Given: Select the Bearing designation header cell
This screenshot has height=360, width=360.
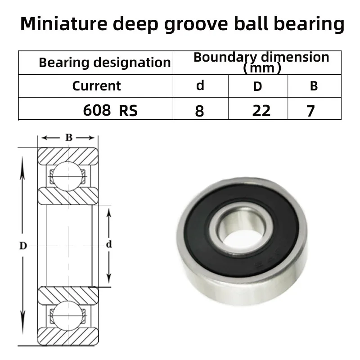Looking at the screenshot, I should (x=104, y=62).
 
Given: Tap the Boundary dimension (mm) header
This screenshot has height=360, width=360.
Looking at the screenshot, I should (x=261, y=62).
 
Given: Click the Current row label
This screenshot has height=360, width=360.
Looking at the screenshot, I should (x=96, y=85).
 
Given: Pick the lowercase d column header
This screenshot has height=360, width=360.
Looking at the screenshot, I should (x=200, y=85).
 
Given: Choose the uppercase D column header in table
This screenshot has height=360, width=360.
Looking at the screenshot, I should (x=257, y=86).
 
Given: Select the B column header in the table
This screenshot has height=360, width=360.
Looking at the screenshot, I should (x=314, y=86).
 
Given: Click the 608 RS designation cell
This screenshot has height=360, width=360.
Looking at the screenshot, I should (x=110, y=110).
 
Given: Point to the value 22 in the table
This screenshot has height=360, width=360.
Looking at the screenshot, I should (x=261, y=110).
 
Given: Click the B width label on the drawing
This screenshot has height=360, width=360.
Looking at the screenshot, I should (x=68, y=138).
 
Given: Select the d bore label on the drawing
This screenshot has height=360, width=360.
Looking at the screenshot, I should (x=108, y=245).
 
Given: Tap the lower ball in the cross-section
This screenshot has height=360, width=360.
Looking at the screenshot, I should (x=67, y=315).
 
